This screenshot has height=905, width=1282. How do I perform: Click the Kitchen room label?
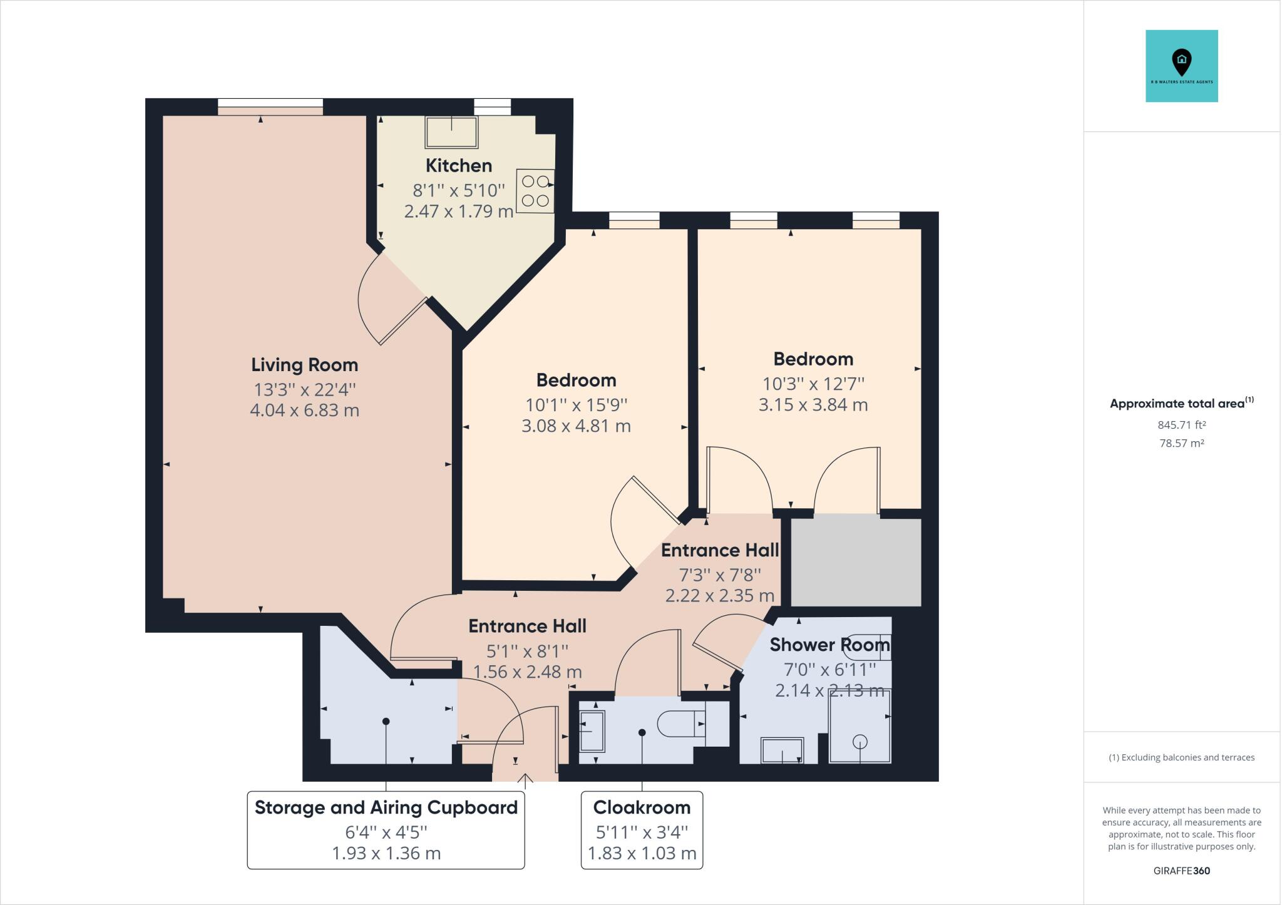click(x=458, y=166)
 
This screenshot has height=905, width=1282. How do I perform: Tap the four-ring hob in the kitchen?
click(x=535, y=191)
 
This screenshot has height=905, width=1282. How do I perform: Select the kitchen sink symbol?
click(x=451, y=132)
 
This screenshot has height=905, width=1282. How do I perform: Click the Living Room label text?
click(x=304, y=365)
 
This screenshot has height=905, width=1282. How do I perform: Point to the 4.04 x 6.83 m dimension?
click(x=304, y=411)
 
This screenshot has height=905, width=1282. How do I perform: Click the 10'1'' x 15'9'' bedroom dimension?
click(x=576, y=405)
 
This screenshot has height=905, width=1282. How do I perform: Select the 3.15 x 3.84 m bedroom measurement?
click(x=813, y=405)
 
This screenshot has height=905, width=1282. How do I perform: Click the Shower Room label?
click(x=829, y=645)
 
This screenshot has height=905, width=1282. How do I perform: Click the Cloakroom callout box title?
click(x=642, y=807)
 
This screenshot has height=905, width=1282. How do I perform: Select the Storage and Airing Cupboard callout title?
click(x=386, y=807)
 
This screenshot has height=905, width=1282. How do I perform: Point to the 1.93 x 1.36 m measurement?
click(x=386, y=854)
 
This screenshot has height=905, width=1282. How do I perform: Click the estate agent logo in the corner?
click(x=1181, y=66)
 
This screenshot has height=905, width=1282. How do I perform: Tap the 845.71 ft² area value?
click(x=1181, y=425)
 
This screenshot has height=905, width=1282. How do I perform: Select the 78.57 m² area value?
click(x=1181, y=443)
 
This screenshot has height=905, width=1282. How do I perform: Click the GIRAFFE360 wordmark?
click(x=1181, y=871)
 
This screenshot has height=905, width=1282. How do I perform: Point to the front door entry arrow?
click(x=525, y=779)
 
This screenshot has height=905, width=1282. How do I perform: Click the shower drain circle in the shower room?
click(x=860, y=742)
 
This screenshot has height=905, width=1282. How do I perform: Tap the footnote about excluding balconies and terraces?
click(x=1181, y=757)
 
